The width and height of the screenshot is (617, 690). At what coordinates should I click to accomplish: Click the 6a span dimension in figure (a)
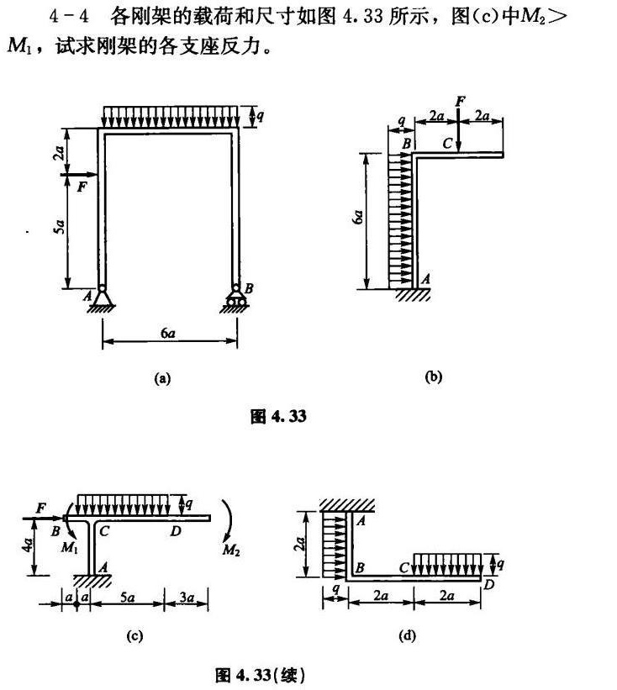pyautogui.click(x=167, y=334)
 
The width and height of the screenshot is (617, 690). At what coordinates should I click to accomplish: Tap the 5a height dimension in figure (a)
pyautogui.click(x=60, y=227)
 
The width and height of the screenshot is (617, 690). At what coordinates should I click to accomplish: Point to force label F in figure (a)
pyautogui.click(x=82, y=187)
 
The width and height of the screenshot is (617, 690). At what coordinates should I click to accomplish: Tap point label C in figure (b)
pyautogui.click(x=447, y=144)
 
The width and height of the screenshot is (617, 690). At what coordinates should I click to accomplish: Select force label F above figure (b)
pyautogui.click(x=461, y=102)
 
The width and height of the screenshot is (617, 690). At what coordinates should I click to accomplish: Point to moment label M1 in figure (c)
pyautogui.click(x=70, y=548)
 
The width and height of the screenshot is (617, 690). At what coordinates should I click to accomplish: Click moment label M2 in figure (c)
pyautogui.click(x=231, y=550)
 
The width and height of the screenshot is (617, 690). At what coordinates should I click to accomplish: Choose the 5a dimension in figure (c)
pyautogui.click(x=127, y=598)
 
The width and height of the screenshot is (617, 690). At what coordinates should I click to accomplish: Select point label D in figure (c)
pyautogui.click(x=176, y=532)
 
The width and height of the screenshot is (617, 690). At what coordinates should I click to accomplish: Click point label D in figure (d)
pyautogui.click(x=488, y=585)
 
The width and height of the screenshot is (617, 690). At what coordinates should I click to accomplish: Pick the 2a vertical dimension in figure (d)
pyautogui.click(x=300, y=544)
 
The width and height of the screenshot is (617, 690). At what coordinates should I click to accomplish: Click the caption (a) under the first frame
pyautogui.click(x=162, y=378)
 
